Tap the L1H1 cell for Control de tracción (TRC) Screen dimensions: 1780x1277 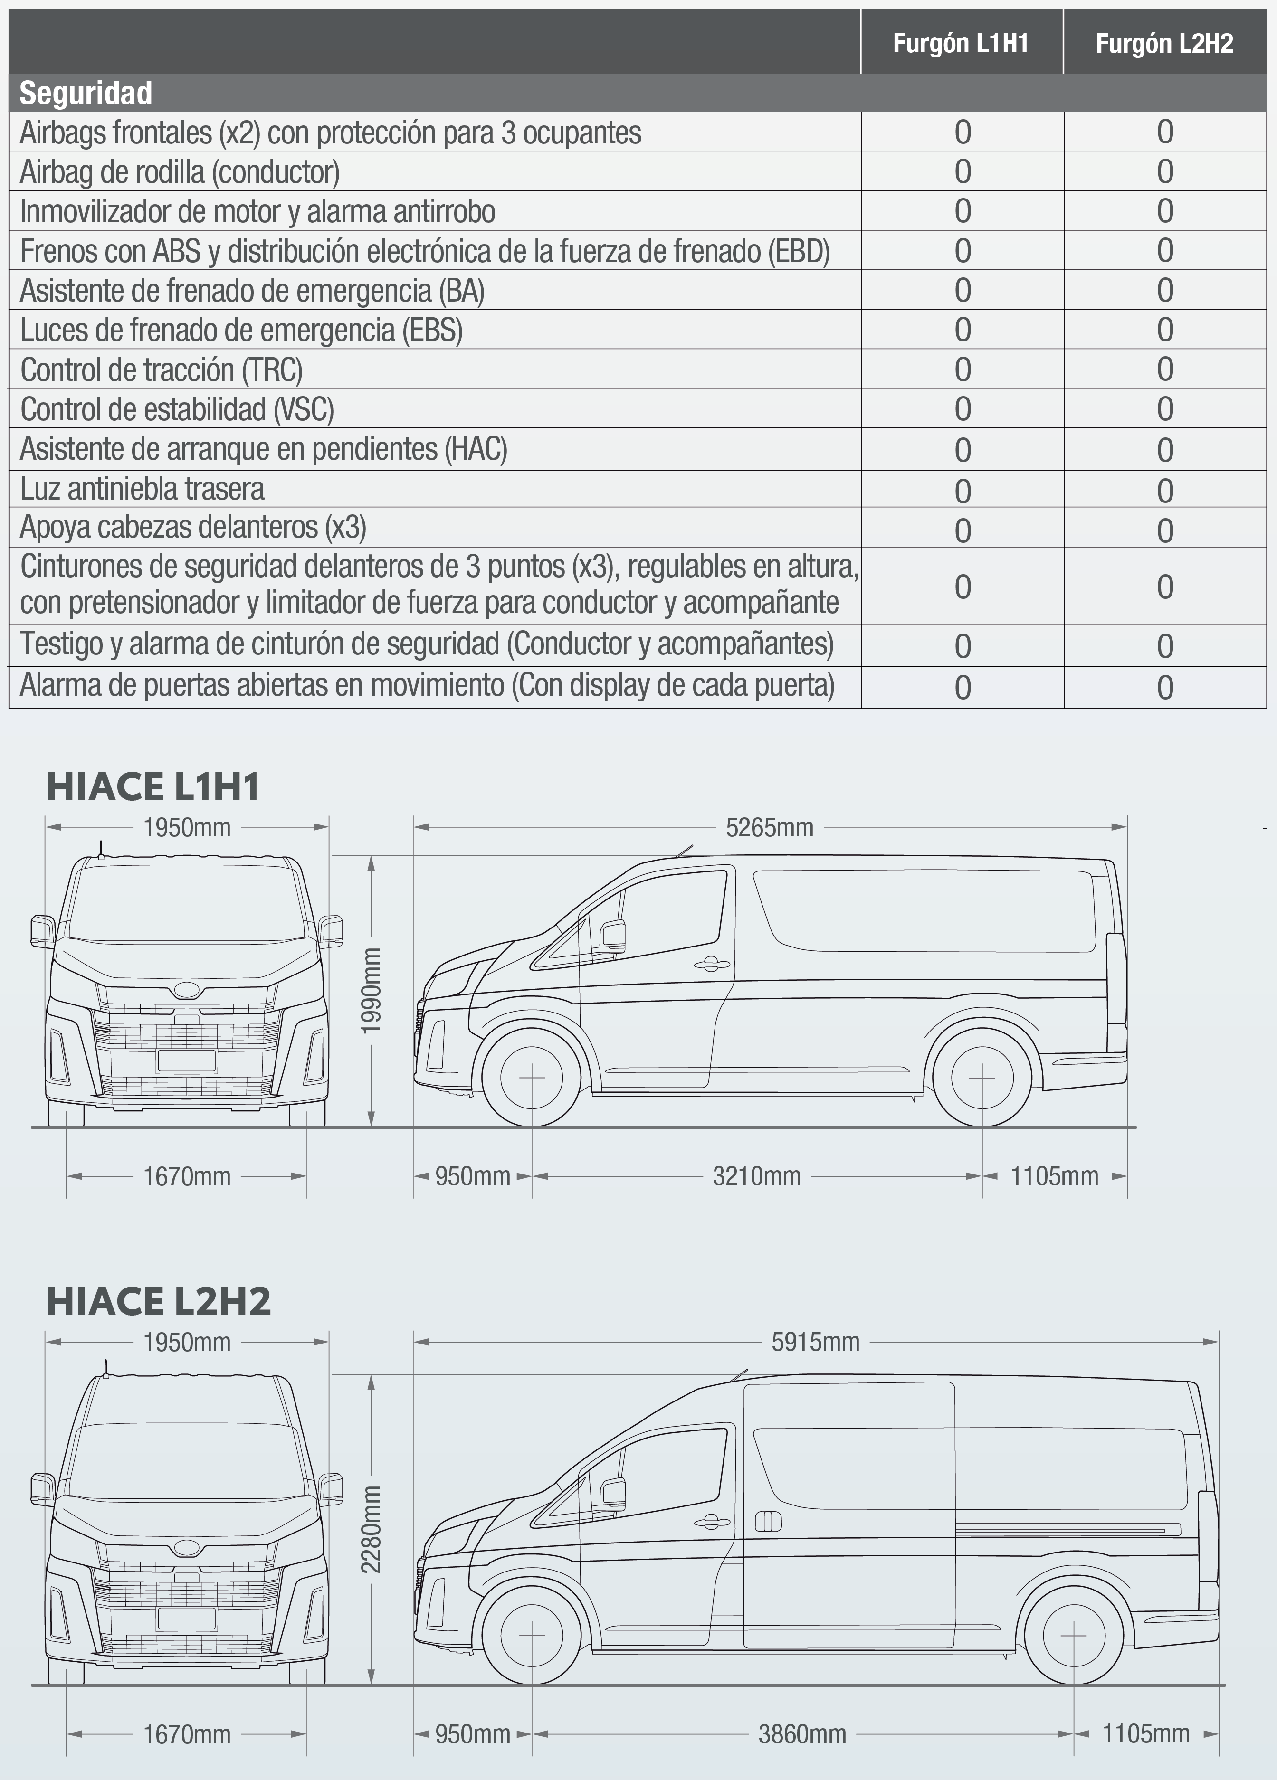point(962,369)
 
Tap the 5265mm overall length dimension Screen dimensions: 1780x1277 point(769,827)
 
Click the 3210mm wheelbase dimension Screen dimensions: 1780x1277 point(757,1176)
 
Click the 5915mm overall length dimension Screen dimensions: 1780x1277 point(815,1342)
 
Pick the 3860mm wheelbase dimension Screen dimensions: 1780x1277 point(802,1733)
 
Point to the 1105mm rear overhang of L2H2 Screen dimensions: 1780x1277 point(1145,1733)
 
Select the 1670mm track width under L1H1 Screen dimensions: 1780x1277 point(187,1176)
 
